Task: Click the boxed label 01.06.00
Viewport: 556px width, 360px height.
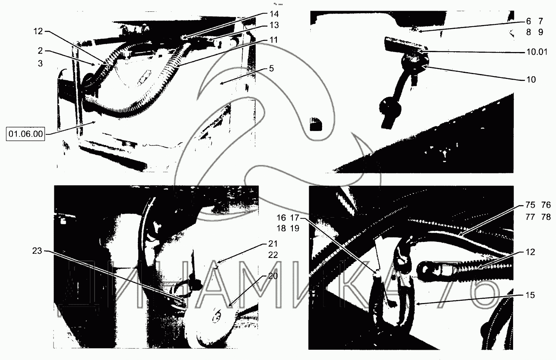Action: [25, 134]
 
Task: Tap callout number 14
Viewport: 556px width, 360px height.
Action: [274, 14]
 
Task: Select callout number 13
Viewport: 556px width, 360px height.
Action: [274, 25]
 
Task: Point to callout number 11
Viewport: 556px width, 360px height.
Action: [273, 40]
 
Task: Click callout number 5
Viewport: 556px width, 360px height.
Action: [271, 68]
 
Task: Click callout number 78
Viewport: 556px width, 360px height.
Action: [546, 217]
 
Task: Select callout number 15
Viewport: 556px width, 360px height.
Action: [530, 295]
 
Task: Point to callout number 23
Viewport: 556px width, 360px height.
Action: [37, 251]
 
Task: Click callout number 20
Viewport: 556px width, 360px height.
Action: [273, 276]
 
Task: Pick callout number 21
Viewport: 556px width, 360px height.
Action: [273, 244]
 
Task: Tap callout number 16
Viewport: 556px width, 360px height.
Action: [281, 218]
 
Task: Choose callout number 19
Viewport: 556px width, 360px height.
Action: [295, 228]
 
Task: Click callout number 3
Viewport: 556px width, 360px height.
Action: [40, 63]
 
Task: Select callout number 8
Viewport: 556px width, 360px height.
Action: [528, 32]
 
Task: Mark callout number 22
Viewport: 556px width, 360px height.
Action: [273, 255]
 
